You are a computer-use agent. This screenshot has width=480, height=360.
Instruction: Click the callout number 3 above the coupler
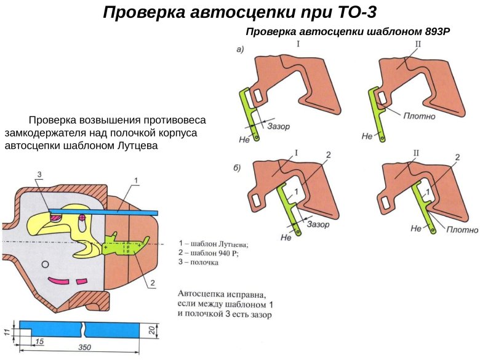coord(39,175)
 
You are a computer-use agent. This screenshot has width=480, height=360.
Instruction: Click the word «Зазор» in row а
coord(279,126)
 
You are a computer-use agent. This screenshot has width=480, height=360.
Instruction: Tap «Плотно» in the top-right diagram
coord(420,115)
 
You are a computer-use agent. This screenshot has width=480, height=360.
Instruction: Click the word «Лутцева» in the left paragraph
coord(132,146)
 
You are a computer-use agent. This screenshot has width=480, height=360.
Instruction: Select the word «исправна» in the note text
coord(247,294)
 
